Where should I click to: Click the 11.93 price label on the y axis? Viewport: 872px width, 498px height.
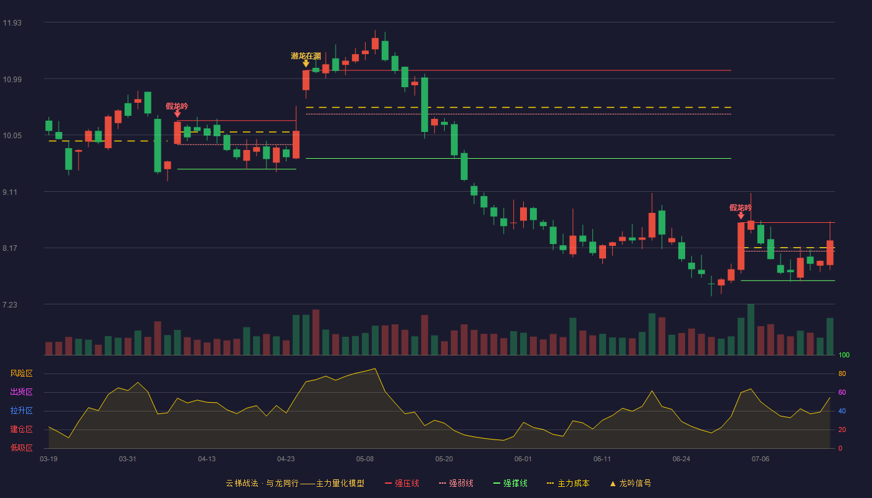click(12, 23)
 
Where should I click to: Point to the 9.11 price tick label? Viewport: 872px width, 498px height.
click(10, 192)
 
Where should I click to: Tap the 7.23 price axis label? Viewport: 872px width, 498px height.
click(10, 304)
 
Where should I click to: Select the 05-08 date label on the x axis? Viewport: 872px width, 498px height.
click(365, 459)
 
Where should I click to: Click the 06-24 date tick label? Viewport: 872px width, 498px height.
click(681, 459)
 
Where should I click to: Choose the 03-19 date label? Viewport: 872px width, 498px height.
click(49, 459)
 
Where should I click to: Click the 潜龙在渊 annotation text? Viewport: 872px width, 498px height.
click(306, 56)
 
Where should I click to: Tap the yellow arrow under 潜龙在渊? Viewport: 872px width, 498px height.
click(306, 63)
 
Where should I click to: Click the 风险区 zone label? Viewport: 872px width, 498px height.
click(21, 374)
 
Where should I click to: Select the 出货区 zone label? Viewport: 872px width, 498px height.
click(21, 392)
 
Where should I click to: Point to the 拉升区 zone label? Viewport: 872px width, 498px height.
click(21, 410)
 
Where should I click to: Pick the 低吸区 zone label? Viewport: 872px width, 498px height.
click(21, 448)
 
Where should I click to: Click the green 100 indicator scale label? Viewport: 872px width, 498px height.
click(844, 355)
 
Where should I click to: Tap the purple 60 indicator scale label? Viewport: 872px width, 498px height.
click(842, 392)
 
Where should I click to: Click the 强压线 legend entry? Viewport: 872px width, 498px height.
click(402, 483)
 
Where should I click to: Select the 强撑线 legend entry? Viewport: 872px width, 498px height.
click(510, 483)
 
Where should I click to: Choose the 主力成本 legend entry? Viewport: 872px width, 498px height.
click(568, 483)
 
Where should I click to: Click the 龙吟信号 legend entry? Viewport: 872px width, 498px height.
click(630, 483)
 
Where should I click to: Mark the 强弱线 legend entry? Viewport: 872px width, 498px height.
click(456, 483)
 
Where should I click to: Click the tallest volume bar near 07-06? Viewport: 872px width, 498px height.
click(751, 329)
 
